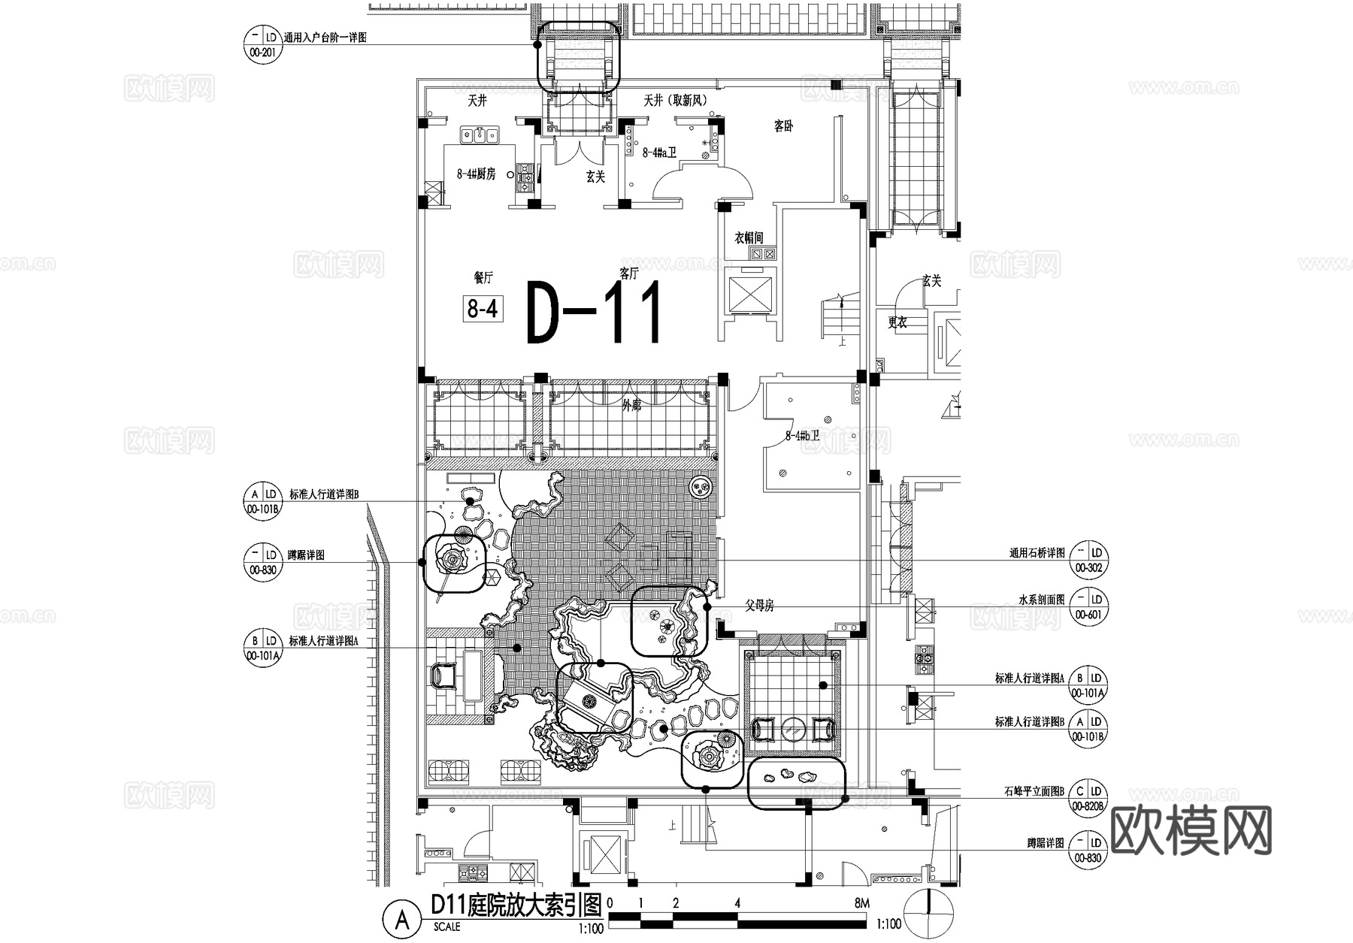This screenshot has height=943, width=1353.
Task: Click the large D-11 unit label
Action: click(594, 312)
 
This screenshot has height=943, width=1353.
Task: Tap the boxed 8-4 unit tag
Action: click(483, 308)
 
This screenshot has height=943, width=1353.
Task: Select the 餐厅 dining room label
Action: click(483, 277)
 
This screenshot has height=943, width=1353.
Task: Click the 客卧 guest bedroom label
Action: click(783, 126)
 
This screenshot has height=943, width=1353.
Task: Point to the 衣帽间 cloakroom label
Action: click(749, 238)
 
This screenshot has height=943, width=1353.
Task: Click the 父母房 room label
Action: click(759, 606)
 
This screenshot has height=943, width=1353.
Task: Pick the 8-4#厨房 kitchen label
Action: click(476, 174)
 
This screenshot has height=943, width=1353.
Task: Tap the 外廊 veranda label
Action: click(631, 406)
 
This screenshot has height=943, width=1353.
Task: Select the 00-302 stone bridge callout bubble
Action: click(1088, 560)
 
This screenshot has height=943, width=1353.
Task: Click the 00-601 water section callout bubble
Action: click(1088, 606)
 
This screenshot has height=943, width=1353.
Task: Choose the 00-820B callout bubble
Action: click(1088, 798)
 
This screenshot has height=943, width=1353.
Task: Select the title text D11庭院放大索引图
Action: click(516, 905)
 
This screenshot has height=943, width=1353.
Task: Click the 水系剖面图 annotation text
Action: click(1041, 600)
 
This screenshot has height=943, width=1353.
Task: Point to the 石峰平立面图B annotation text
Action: click(1034, 791)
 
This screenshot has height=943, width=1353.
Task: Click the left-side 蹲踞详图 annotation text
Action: click(306, 555)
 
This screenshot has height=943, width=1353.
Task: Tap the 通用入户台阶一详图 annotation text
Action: click(325, 38)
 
